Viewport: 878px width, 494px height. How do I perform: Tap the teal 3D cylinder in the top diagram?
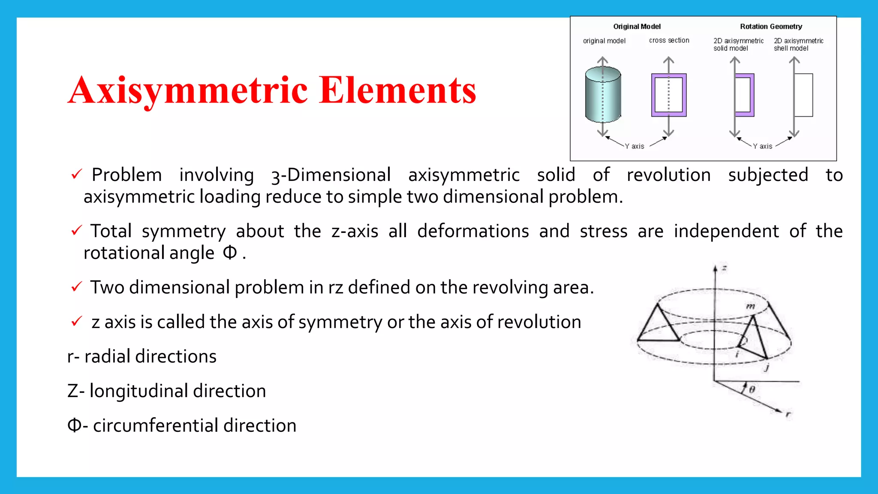click(x=603, y=95)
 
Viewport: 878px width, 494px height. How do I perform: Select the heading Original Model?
click(x=637, y=27)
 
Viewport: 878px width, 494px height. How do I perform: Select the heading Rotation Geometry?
click(x=771, y=27)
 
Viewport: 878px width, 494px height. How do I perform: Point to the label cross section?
click(x=669, y=40)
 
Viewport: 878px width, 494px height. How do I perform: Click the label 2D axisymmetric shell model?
click(x=798, y=45)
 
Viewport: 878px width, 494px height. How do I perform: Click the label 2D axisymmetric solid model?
click(x=738, y=45)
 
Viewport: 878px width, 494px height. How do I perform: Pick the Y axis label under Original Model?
click(x=634, y=146)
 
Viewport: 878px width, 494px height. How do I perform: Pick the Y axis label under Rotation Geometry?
click(x=763, y=146)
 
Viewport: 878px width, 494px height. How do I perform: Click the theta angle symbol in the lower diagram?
click(x=752, y=389)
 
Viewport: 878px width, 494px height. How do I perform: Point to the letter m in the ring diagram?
click(x=750, y=306)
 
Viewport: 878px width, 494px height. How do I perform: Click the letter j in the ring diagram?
click(x=767, y=367)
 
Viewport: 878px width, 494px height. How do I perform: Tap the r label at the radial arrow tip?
click(x=788, y=414)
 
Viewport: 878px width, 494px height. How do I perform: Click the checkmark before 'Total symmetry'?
click(x=76, y=231)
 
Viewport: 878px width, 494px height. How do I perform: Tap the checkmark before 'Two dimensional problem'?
click(x=76, y=286)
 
